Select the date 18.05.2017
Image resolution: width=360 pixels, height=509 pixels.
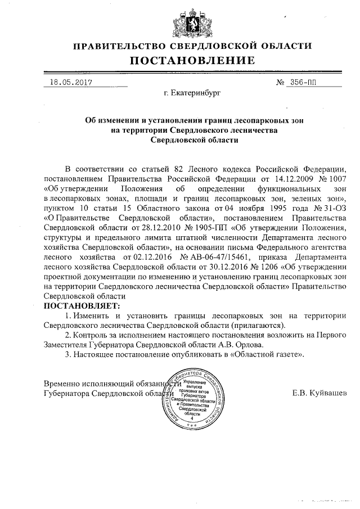click(71, 82)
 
